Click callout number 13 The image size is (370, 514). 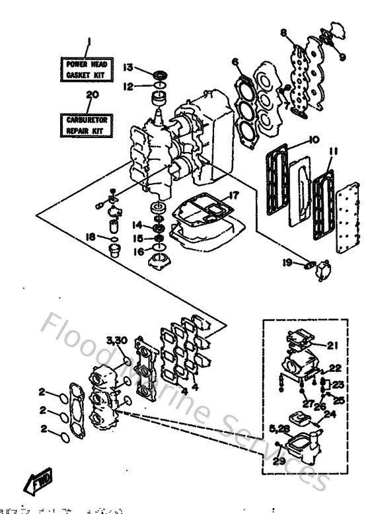click(x=128, y=67)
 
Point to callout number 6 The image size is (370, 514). click(x=235, y=63)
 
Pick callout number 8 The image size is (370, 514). click(x=282, y=32)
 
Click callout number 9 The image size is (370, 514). click(x=342, y=57)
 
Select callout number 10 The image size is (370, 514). click(x=313, y=140)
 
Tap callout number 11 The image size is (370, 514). click(x=333, y=151)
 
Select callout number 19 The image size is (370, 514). click(x=287, y=263)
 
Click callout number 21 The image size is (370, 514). click(x=332, y=345)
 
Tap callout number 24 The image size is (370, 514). click(x=330, y=414)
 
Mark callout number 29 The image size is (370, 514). click(x=278, y=462)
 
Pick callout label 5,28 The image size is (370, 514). click(x=278, y=430)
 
